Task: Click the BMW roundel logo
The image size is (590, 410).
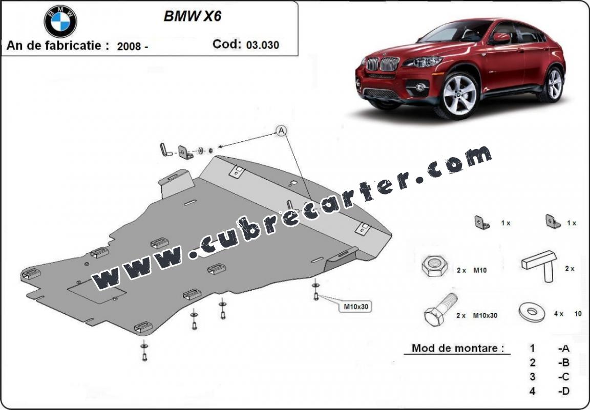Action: [x=60, y=21]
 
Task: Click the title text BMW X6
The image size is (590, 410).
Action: [x=192, y=16]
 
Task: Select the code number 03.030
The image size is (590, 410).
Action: [x=263, y=45]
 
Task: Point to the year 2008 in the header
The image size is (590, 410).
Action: [x=129, y=46]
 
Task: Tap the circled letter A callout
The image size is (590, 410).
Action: [x=281, y=131]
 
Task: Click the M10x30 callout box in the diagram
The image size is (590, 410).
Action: [x=355, y=307]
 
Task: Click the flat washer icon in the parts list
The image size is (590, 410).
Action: [x=532, y=312]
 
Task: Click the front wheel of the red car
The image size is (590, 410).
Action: [x=459, y=95]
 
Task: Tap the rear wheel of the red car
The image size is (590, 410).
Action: [x=553, y=84]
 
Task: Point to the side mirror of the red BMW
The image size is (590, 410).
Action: [x=501, y=38]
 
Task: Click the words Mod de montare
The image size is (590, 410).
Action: [x=457, y=348]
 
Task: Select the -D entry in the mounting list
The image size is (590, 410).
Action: [x=564, y=391]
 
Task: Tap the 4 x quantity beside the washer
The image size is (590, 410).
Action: [x=559, y=314]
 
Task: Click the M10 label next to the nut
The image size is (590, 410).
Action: [x=480, y=270]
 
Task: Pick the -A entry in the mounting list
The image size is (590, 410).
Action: [x=564, y=349]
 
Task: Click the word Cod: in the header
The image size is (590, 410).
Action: [x=227, y=44]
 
